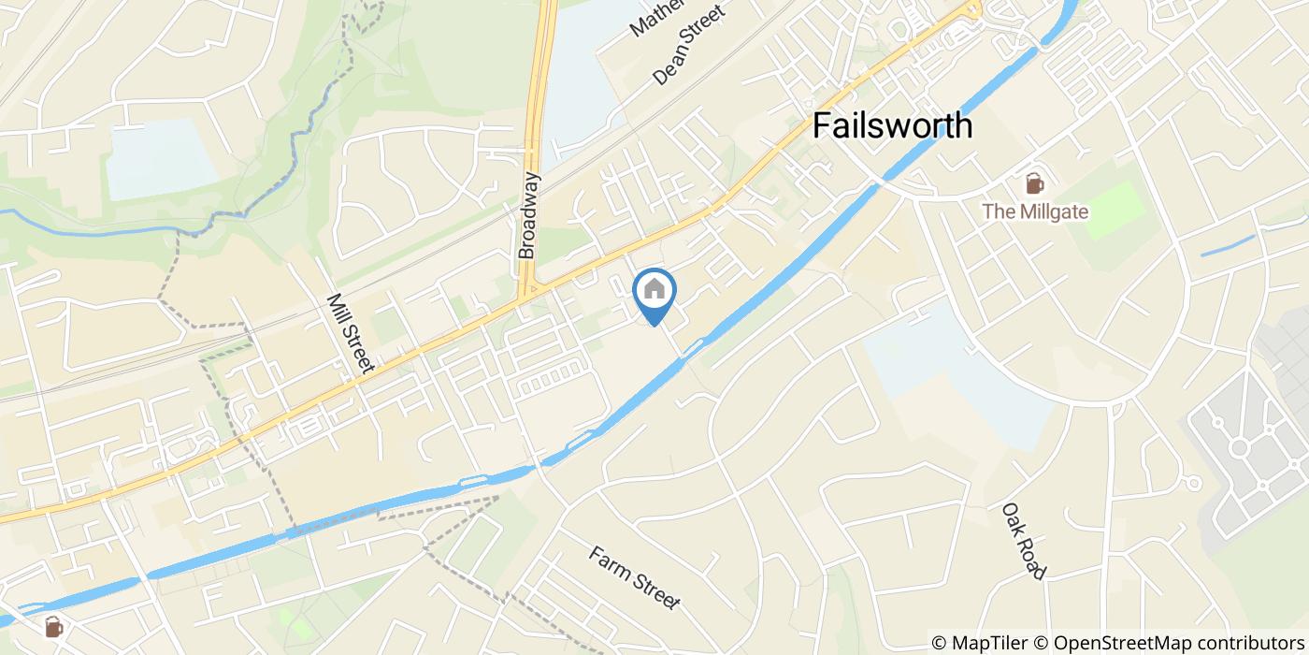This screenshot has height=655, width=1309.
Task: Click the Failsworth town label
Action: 892,125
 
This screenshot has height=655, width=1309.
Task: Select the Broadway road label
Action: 529,215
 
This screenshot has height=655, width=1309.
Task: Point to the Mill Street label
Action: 351,334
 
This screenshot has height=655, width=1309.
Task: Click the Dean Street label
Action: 689,45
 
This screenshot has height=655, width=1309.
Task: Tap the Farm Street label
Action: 634,577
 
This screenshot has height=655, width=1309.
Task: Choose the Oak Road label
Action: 1024,541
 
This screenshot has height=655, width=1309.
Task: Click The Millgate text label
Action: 1035,211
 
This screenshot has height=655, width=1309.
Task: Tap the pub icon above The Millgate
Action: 1035,183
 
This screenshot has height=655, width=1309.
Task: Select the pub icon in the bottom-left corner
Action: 54,627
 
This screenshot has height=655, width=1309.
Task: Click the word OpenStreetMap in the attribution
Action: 1113,643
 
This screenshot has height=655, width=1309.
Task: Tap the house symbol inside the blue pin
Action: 654,289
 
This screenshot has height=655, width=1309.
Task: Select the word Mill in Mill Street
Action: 338,312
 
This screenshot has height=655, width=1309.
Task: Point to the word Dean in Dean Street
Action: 669,65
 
